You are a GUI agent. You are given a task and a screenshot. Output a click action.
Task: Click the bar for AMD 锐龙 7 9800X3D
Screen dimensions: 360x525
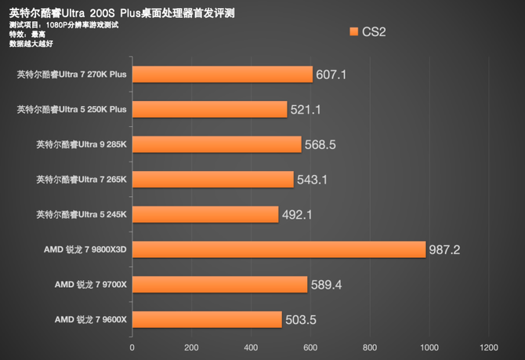[x=278, y=249]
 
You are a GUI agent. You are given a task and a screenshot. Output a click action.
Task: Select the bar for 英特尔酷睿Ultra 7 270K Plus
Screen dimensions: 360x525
[x=222, y=75]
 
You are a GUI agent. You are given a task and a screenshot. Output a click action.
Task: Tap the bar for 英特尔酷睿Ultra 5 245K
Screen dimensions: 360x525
[x=205, y=214]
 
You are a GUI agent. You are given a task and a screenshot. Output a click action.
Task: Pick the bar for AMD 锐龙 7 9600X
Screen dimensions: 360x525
[x=206, y=319]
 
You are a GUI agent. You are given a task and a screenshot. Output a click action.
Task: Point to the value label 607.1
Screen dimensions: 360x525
[x=331, y=75]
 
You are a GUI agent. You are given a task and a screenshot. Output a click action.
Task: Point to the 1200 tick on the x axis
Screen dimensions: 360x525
[x=488, y=347]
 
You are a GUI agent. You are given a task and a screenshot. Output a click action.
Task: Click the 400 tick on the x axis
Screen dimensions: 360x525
[x=251, y=347]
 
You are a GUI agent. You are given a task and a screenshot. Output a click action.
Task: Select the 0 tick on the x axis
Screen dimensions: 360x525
[x=132, y=347]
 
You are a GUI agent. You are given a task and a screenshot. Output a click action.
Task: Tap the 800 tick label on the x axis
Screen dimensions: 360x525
[x=369, y=347]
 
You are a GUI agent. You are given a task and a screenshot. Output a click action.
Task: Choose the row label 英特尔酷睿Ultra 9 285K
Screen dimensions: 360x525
[x=81, y=144]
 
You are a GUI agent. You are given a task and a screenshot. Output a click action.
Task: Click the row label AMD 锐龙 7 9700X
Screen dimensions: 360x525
[x=90, y=284]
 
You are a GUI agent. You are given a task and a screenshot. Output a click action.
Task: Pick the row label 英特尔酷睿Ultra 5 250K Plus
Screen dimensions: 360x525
[x=71, y=110]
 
